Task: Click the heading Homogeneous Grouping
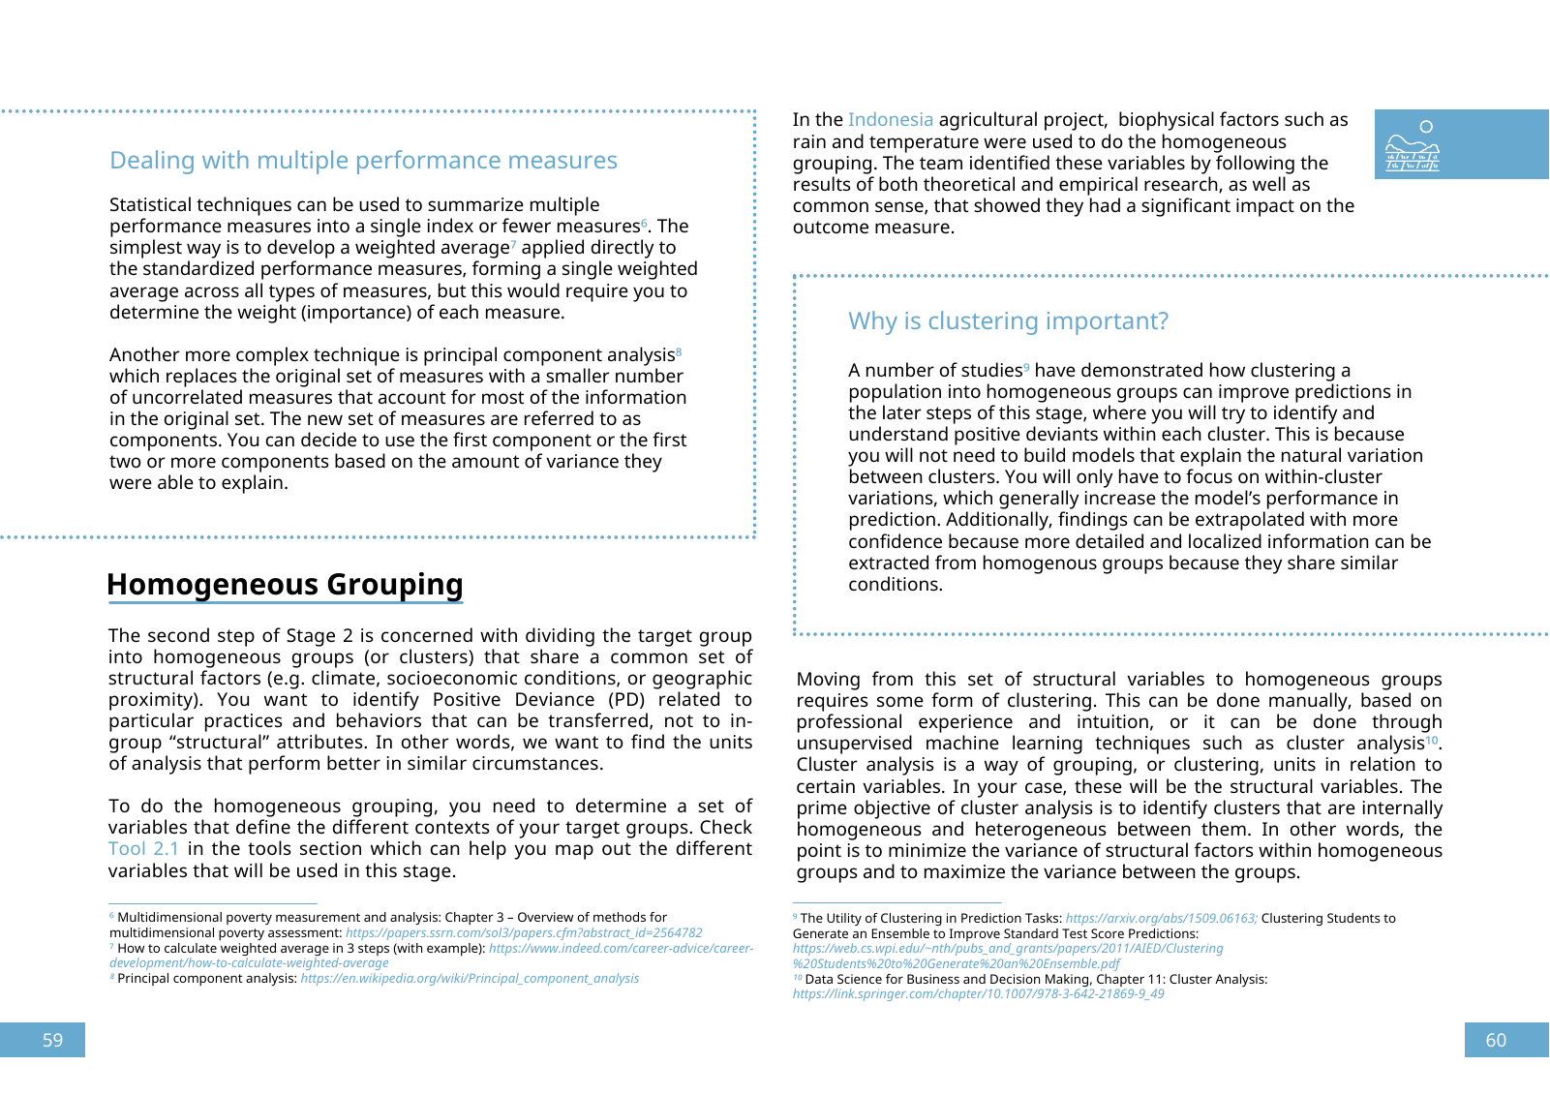coord(285,585)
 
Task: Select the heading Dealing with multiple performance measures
coord(363,161)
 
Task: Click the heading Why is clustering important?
coord(1008,321)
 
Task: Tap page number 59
coord(52,1040)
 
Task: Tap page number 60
coord(1496,1040)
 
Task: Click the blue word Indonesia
coord(890,120)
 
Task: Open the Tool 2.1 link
coord(143,849)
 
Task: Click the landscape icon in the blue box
coord(1413,146)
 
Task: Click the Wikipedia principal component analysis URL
coord(470,979)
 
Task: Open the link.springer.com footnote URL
coord(978,994)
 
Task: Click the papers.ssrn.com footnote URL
coord(524,933)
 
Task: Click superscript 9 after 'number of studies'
coord(1026,367)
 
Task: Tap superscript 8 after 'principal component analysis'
coord(679,351)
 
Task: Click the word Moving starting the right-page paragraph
coord(828,680)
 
